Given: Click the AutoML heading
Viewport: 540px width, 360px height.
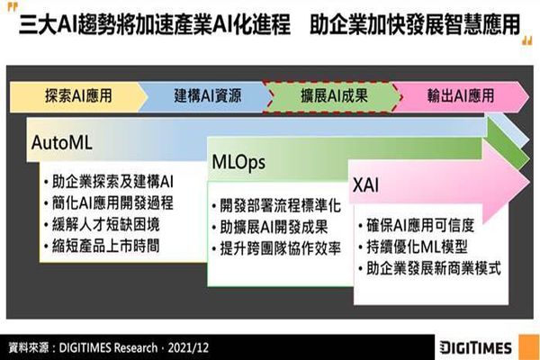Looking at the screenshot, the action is coord(61,142).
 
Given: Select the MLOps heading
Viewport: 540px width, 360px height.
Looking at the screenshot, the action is coord(238,163).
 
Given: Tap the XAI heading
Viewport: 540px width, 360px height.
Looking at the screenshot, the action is coord(365,185).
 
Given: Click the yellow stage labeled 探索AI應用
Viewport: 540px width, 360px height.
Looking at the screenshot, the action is coord(78,96).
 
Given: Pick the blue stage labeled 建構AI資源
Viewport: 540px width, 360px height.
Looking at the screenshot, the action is coord(207,96).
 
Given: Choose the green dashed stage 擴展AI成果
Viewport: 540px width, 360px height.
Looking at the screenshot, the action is coord(334,96).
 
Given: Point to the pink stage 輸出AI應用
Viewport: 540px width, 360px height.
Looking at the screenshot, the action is coord(461,96).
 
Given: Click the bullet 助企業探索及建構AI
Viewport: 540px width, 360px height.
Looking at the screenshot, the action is coord(109,182).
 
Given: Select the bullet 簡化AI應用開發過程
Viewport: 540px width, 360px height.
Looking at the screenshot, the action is coord(109,203).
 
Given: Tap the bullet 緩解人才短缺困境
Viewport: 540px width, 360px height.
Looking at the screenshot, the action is coord(102,225).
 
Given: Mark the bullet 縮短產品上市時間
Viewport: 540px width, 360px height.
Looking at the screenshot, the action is coord(102,246).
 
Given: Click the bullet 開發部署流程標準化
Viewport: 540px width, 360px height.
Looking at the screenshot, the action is coord(276,206).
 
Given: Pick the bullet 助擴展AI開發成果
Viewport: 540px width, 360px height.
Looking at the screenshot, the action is coord(270,227).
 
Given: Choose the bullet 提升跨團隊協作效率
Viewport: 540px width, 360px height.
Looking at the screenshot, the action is coord(276,248).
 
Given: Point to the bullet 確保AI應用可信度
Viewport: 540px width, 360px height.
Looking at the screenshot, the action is coord(417,226).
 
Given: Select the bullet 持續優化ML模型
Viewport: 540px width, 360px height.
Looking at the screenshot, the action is coord(413,247).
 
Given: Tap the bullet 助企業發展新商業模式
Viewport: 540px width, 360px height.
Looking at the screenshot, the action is coord(430,268).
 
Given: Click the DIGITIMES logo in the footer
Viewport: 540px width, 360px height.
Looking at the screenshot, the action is coord(476,347).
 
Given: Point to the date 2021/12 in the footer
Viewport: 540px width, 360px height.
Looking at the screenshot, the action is coord(188,347).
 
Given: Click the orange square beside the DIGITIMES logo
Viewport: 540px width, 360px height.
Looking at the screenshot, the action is coord(528,347).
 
